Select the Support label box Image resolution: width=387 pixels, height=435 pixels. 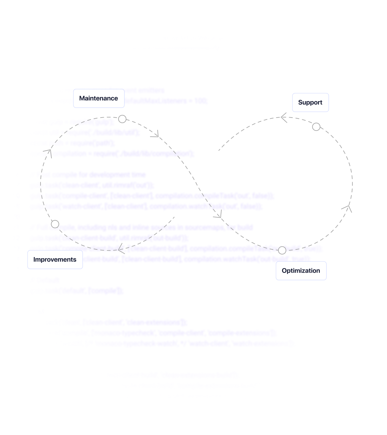[310, 103]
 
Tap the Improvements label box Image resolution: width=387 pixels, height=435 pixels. [55, 260]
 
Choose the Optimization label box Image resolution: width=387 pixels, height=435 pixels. [301, 271]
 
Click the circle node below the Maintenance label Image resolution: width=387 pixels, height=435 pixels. [122, 119]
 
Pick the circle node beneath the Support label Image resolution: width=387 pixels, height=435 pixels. [316, 127]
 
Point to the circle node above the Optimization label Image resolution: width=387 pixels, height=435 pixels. [282, 250]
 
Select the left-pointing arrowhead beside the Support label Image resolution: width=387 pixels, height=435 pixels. [283, 118]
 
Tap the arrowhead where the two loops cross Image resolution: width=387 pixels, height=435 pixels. [218, 215]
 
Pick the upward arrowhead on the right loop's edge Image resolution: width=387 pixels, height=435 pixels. [347, 208]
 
